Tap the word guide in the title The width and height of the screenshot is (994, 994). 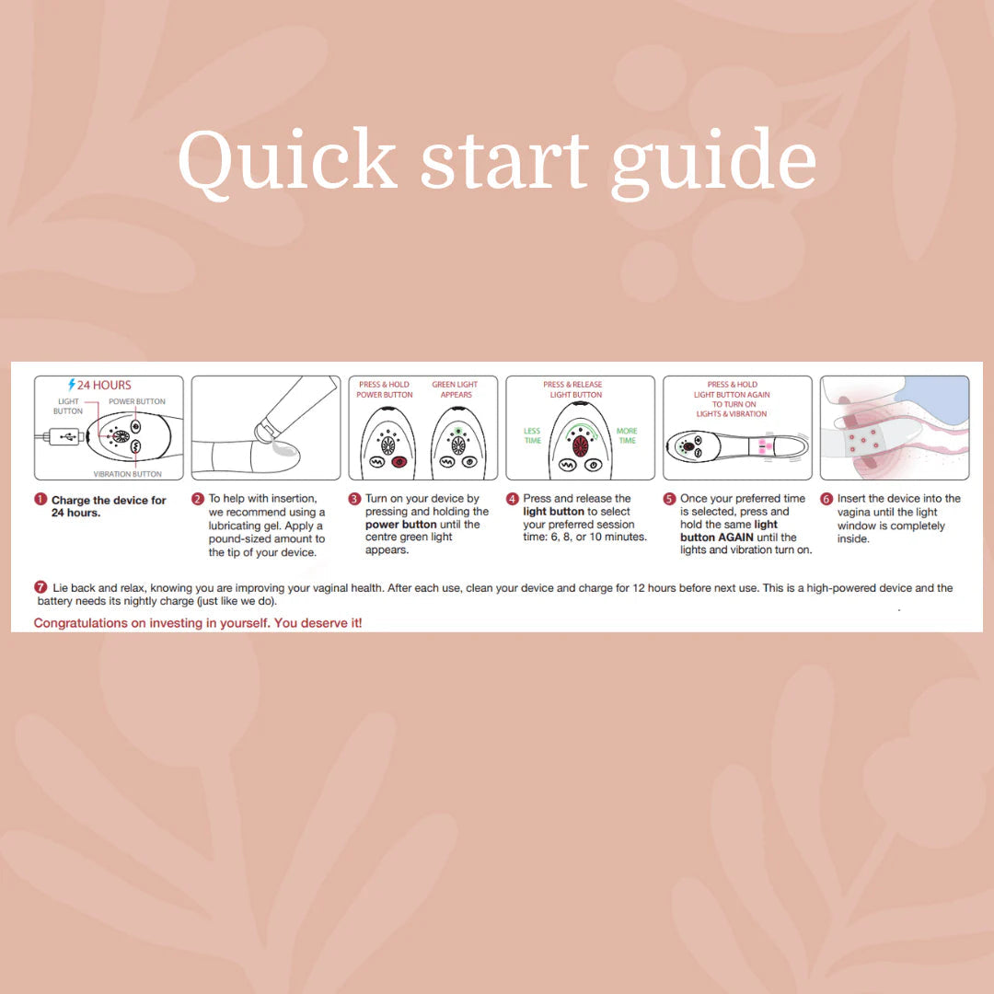[714, 164]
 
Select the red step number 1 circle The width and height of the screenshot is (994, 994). [40, 499]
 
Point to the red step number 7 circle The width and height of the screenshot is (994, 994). [41, 587]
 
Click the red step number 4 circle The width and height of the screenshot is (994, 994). [513, 499]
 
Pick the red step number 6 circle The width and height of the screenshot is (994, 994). [826, 499]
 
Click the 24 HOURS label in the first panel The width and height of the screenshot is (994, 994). [104, 385]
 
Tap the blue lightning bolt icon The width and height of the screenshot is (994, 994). [72, 384]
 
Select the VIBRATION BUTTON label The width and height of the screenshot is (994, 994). [127, 474]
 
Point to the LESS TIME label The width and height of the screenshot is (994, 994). [533, 435]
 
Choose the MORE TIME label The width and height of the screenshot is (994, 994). [627, 435]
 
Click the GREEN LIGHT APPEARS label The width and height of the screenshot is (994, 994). [456, 389]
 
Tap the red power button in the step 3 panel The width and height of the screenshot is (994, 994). [399, 462]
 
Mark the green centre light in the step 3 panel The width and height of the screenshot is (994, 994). [458, 431]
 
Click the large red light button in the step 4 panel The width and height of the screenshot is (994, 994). [580, 445]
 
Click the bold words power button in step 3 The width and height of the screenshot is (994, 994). [400, 525]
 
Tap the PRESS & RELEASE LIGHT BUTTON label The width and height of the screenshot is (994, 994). [573, 389]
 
